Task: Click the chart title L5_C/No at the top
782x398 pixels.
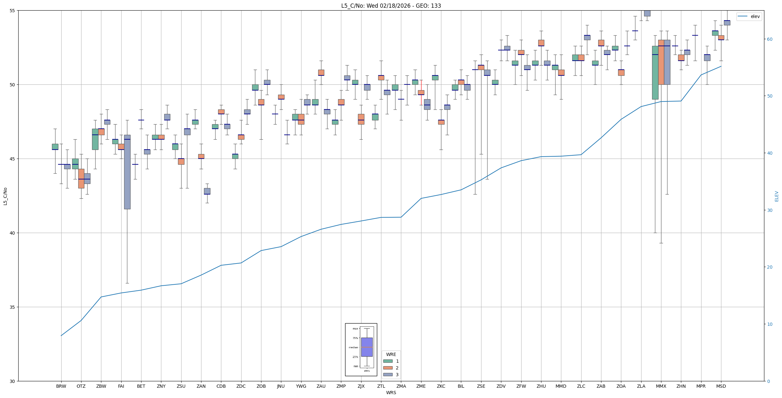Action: click(391, 6)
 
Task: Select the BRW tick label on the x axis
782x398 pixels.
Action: click(61, 386)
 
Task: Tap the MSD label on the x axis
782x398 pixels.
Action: click(721, 386)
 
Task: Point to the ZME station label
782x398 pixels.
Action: click(421, 386)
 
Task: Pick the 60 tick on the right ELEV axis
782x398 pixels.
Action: click(769, 39)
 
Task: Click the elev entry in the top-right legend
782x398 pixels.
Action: click(755, 17)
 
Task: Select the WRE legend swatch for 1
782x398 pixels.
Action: click(388, 361)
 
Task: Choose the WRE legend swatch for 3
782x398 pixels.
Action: click(388, 375)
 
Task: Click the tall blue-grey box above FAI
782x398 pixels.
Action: click(127, 172)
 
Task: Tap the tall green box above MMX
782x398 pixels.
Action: click(655, 73)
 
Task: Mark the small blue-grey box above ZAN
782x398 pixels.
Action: click(207, 191)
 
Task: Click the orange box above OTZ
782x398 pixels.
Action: click(81, 178)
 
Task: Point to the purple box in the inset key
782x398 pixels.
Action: click(367, 347)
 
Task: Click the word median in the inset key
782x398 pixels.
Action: click(353, 347)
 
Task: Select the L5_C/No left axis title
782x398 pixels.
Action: click(5, 196)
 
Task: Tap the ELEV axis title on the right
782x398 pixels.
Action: click(777, 196)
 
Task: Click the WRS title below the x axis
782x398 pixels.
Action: click(391, 393)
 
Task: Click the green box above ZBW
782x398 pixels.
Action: click(95, 139)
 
